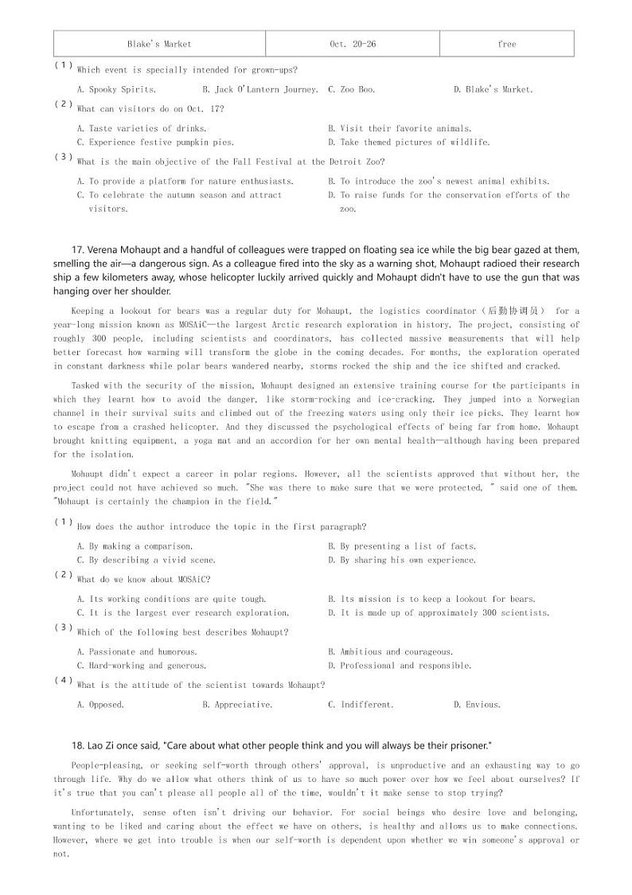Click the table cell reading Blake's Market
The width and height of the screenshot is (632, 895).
(x=159, y=44)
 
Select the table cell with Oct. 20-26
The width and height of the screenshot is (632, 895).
(x=353, y=44)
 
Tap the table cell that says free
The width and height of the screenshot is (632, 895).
(x=506, y=44)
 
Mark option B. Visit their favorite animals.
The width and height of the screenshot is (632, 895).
(x=400, y=128)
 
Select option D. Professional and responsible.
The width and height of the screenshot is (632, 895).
(x=400, y=666)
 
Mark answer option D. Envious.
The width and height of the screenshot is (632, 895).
(x=477, y=705)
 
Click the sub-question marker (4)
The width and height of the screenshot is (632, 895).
(x=64, y=681)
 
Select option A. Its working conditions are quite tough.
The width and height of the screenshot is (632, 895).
(x=171, y=599)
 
